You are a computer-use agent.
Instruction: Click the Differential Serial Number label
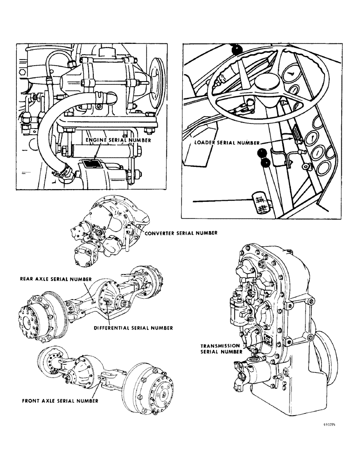pyautogui.click(x=133, y=328)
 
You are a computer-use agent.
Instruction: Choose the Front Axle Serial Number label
pyautogui.click(x=59, y=400)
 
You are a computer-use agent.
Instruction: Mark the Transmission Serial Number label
pyautogui.click(x=221, y=349)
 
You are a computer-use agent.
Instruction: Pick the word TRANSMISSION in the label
pyautogui.click(x=221, y=346)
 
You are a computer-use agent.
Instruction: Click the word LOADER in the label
pyautogui.click(x=204, y=144)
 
